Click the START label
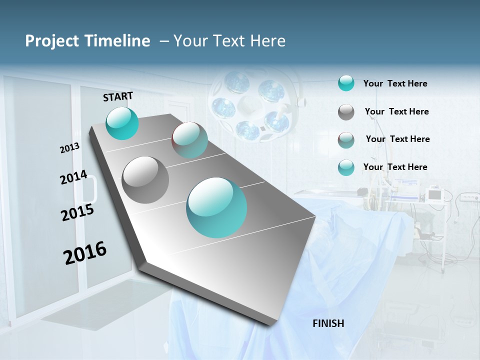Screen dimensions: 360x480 [x=118, y=96]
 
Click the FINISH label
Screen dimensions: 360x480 [x=328, y=323]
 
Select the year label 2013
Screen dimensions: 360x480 [x=69, y=148]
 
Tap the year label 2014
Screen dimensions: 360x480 [x=73, y=177]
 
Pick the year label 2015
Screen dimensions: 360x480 [x=77, y=212]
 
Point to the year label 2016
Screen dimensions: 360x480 [x=85, y=253]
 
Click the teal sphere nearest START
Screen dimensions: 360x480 [x=122, y=123]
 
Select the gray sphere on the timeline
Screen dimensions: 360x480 [x=145, y=180]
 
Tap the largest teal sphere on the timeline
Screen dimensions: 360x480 [x=216, y=207]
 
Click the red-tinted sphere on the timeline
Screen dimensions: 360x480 [x=189, y=140]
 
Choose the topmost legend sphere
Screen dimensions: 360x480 [x=346, y=83]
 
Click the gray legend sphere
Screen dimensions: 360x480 [x=346, y=112]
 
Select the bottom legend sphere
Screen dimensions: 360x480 [x=346, y=167]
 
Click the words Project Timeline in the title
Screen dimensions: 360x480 [x=87, y=41]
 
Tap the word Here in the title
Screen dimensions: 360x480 [x=267, y=41]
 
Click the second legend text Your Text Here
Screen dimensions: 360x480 [x=396, y=111]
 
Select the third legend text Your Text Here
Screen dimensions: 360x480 [x=397, y=139]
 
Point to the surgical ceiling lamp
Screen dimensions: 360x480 [x=252, y=105]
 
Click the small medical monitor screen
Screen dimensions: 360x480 [x=434, y=194]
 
